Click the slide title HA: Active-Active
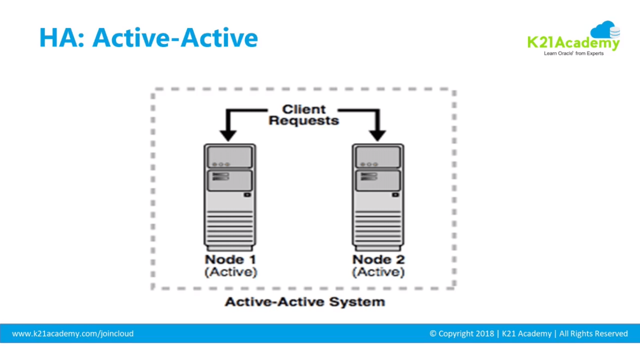pyautogui.click(x=149, y=38)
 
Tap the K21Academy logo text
pyautogui.click(x=573, y=44)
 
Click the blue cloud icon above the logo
pyautogui.click(x=604, y=30)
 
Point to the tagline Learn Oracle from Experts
pyautogui.click(x=573, y=53)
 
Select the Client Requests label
pyautogui.click(x=304, y=115)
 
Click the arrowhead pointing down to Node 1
pyautogui.click(x=228, y=135)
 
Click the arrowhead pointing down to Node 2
pyautogui.click(x=377, y=135)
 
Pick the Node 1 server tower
pyautogui.click(x=230, y=197)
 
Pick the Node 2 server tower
pyautogui.click(x=378, y=197)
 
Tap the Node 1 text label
pyautogui.click(x=230, y=260)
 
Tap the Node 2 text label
pyautogui.click(x=379, y=260)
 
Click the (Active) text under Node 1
pyautogui.click(x=231, y=272)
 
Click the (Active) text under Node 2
pyautogui.click(x=379, y=272)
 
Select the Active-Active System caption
pyautogui.click(x=305, y=302)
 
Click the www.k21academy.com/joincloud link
pyautogui.click(x=73, y=334)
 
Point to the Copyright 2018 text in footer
pyautogui.click(x=461, y=334)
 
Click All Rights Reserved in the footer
pyautogui.click(x=593, y=334)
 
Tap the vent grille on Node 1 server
pyautogui.click(x=230, y=227)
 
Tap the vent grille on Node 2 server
pyautogui.click(x=378, y=227)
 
